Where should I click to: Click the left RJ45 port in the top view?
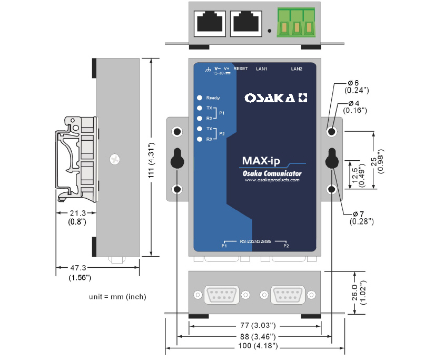coord(209,23)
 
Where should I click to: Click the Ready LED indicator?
coord(200,98)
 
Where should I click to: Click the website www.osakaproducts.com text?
coord(272,180)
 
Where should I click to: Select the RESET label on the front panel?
coord(240,69)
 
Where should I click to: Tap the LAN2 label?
coord(297,69)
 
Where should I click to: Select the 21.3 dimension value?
coord(77,213)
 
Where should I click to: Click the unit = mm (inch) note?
coord(117,297)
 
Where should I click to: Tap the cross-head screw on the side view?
coord(113,158)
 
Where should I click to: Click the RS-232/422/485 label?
coord(255,242)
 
